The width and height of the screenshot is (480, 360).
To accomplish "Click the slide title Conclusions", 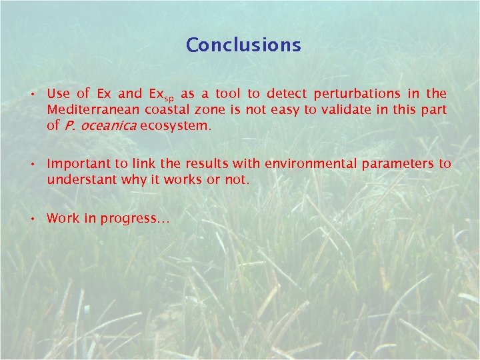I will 243,45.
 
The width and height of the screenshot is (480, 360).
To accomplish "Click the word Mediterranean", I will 89,109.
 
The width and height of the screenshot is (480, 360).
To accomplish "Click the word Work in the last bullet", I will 63,219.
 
